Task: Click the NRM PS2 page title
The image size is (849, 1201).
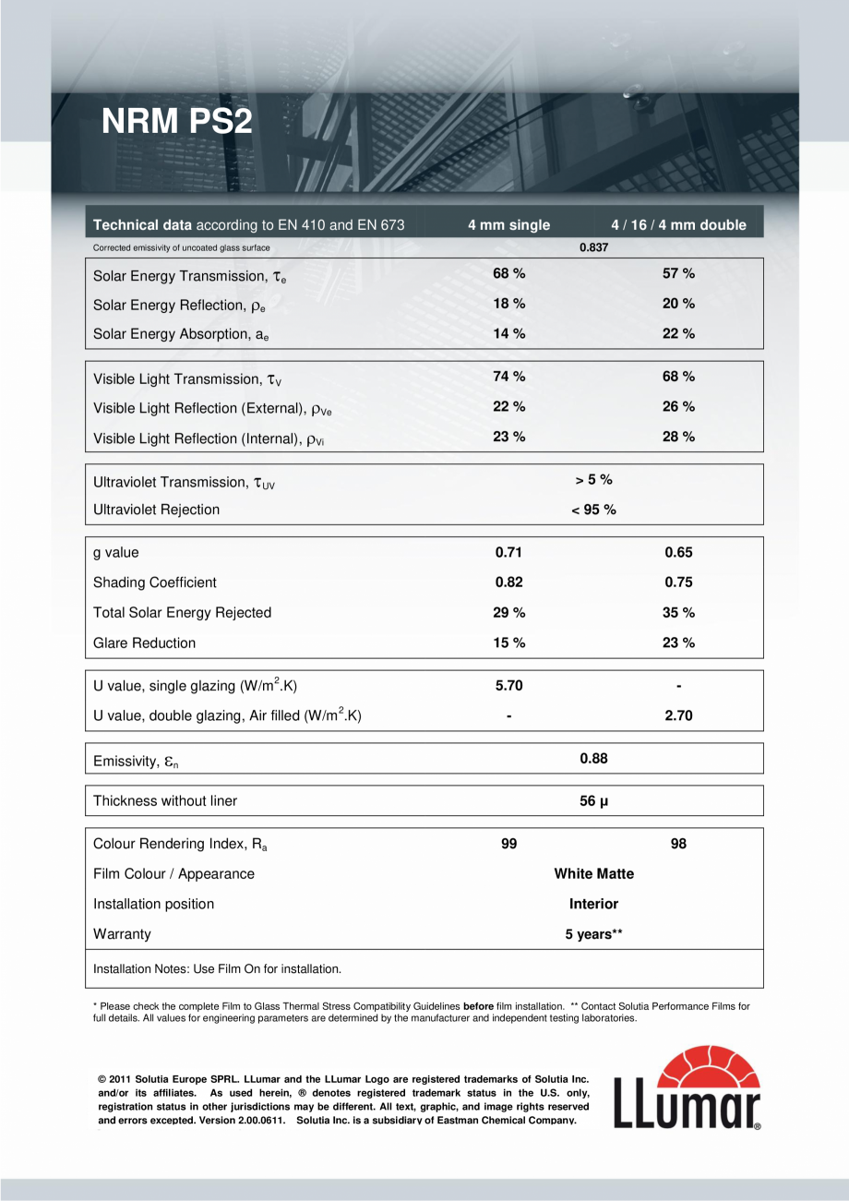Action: pos(176,121)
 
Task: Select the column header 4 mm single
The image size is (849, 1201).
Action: pos(508,224)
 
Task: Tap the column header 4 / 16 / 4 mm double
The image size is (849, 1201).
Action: pos(678,224)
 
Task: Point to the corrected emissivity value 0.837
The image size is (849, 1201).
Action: pos(593,247)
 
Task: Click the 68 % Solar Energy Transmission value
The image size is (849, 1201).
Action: pos(508,273)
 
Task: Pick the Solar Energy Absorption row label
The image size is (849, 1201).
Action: pos(181,335)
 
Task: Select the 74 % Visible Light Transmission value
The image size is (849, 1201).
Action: pos(508,377)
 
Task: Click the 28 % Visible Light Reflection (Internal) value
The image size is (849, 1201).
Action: pos(678,437)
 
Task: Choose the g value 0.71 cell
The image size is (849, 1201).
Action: pos(508,552)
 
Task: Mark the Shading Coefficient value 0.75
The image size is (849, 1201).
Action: pos(678,582)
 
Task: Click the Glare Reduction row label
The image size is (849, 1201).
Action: pos(145,643)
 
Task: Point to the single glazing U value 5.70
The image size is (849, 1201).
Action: pos(508,686)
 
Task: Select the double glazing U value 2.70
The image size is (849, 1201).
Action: pos(678,715)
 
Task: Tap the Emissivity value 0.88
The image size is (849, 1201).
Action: pos(593,759)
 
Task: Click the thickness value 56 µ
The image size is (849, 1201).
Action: pos(593,801)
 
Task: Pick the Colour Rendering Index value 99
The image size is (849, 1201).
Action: pos(508,844)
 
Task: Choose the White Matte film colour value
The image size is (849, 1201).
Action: pos(593,873)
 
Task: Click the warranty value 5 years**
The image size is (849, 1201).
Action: pos(593,934)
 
